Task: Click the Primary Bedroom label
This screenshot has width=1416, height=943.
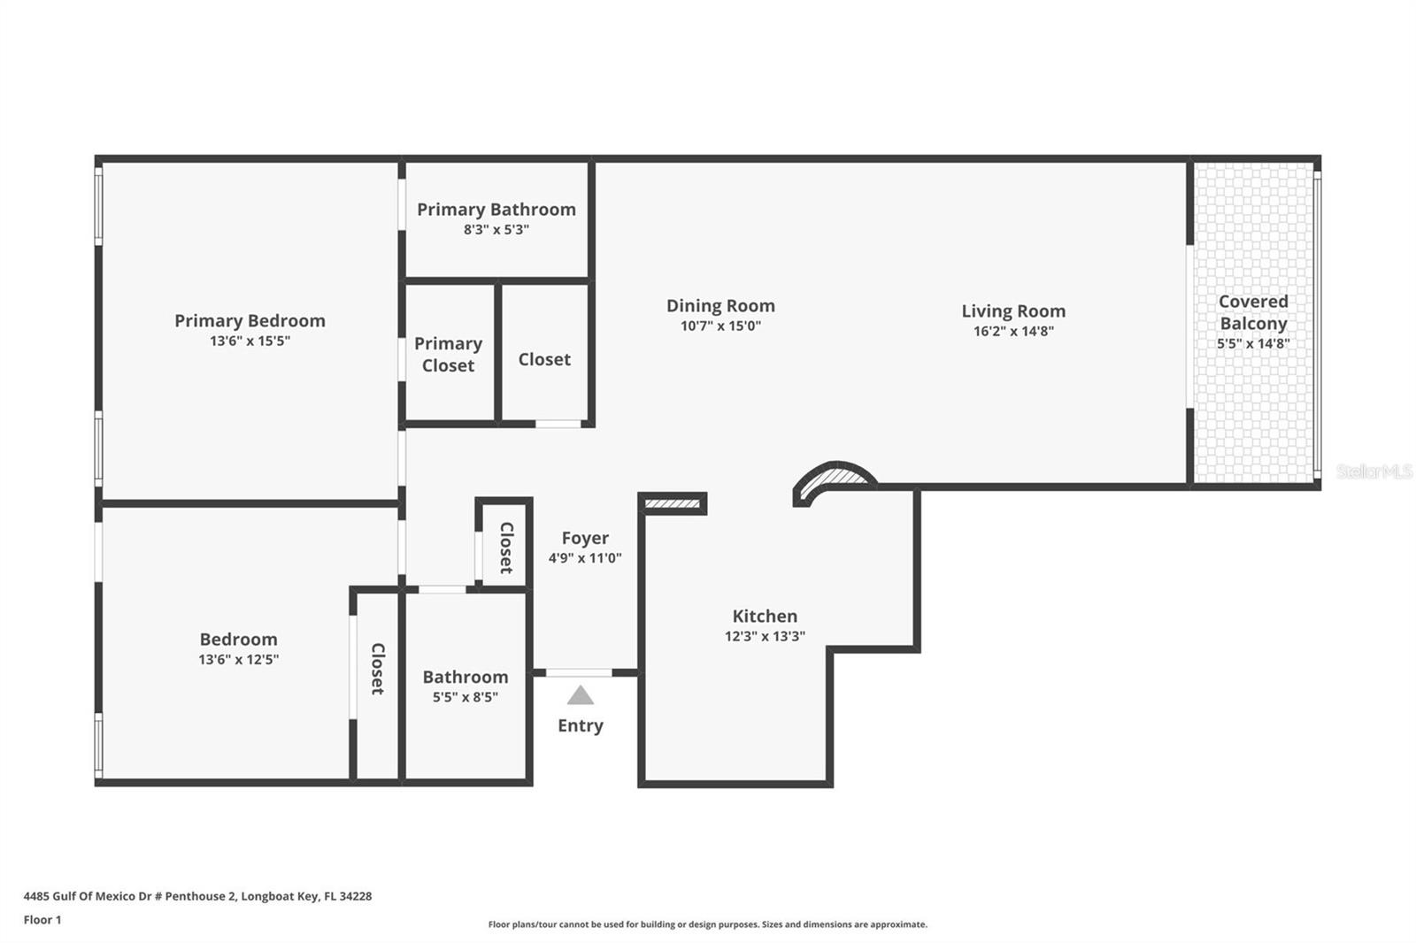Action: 250,320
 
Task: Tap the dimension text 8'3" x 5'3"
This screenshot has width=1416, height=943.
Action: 496,229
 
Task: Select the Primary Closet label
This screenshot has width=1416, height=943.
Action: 448,354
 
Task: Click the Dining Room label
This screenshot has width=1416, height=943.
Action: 720,305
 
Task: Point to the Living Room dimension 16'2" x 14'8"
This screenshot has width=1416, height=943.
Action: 1013,331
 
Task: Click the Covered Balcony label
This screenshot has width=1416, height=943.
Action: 1253,312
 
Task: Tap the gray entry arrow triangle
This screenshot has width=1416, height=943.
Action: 581,695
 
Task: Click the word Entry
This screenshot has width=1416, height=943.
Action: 581,725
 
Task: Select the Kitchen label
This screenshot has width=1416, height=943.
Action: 765,616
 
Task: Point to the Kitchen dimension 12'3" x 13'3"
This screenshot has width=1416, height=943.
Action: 765,636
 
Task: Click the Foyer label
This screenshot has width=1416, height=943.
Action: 585,538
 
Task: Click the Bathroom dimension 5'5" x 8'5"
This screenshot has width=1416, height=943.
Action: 465,697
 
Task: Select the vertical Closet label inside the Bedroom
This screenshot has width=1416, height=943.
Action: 377,668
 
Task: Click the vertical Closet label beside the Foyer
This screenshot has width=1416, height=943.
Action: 506,548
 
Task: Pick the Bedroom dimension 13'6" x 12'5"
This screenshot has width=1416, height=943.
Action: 238,659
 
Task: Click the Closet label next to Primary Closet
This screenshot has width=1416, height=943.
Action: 544,359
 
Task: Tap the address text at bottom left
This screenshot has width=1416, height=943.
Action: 197,896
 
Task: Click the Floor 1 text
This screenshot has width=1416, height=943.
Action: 42,920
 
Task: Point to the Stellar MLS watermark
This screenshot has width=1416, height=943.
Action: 1374,471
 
